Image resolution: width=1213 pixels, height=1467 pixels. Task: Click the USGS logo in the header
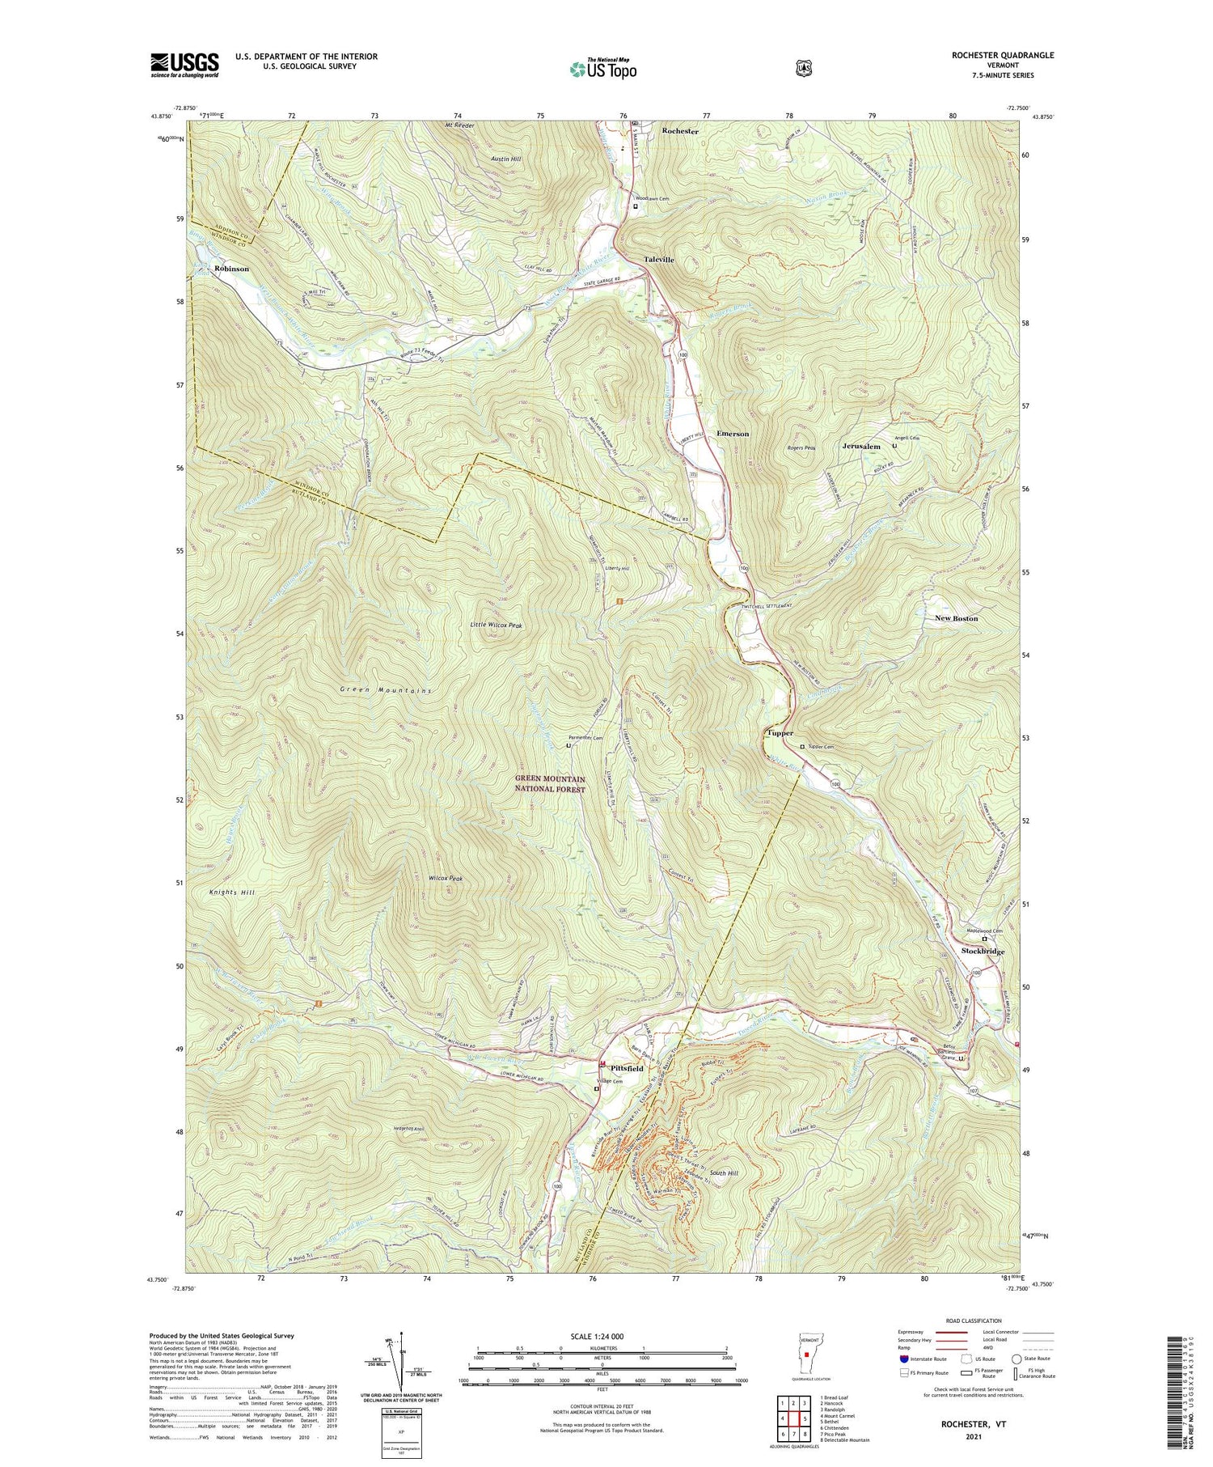(184, 65)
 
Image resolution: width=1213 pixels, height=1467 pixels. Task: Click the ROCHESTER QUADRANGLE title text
(1004, 55)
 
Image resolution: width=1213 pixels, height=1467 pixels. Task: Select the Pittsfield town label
(626, 1068)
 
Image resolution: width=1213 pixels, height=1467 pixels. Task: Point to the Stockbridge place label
(983, 952)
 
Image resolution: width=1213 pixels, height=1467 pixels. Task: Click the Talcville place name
(659, 260)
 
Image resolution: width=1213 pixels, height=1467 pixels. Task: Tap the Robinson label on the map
(231, 268)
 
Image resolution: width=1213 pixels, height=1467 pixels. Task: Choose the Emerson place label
(733, 434)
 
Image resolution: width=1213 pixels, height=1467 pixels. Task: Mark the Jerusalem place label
(860, 447)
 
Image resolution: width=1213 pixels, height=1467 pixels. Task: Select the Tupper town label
(780, 733)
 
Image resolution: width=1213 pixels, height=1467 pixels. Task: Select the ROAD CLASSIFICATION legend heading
(967, 1321)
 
